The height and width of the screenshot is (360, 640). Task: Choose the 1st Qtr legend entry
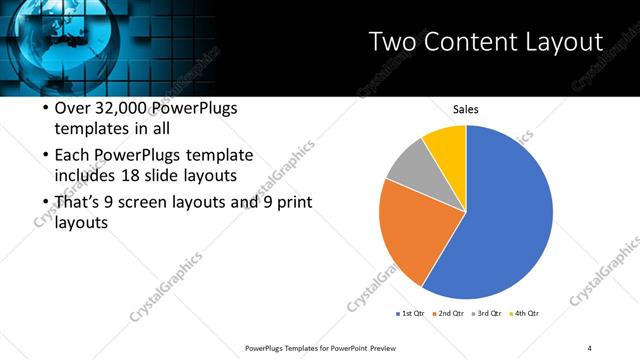[x=411, y=314]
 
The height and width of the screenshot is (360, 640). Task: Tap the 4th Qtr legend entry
[x=526, y=314]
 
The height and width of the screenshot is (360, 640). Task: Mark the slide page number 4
[x=590, y=347]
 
